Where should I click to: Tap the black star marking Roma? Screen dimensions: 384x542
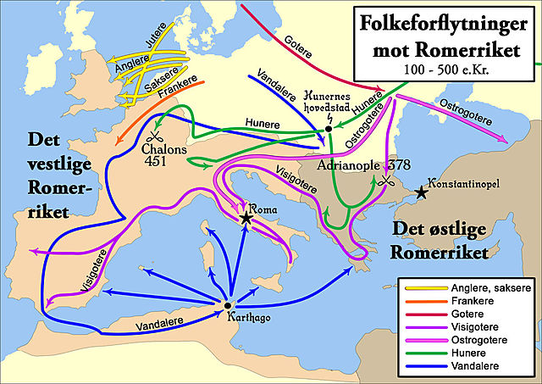click(x=246, y=219)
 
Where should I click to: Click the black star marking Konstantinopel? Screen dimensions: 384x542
click(x=422, y=194)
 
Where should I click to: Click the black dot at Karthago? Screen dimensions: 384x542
click(x=227, y=305)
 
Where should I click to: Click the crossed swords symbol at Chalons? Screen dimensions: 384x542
click(x=155, y=136)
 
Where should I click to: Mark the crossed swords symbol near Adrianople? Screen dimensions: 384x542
click(x=388, y=181)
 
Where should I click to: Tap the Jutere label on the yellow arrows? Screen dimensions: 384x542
click(x=156, y=38)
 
